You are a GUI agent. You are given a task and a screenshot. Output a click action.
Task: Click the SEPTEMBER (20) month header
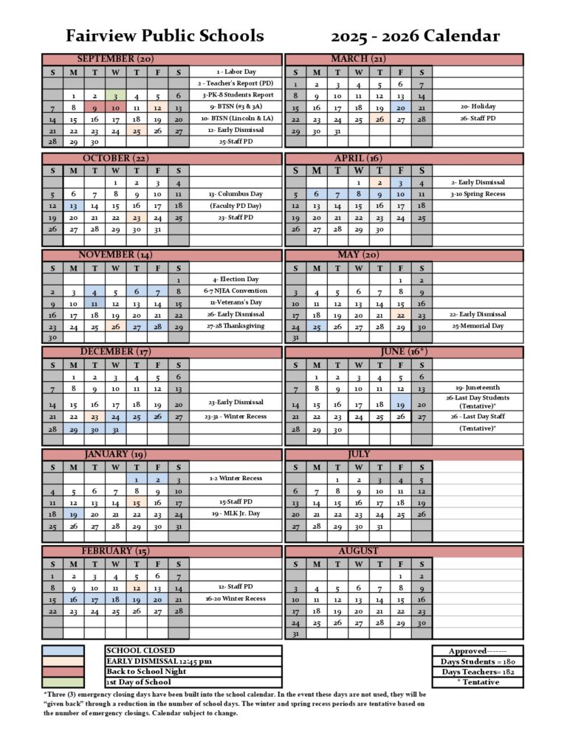116,59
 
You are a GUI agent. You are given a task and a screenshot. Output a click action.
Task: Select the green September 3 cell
116,96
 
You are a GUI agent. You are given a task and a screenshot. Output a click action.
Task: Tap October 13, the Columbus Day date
74,206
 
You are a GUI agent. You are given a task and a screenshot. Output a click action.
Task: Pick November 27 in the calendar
137,327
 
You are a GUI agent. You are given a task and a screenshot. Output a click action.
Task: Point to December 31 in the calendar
116,428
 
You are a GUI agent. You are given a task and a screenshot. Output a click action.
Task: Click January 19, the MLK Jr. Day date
74,514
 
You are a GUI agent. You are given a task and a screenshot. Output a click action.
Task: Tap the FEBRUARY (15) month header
116,551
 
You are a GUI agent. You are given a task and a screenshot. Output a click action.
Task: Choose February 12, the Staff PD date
137,588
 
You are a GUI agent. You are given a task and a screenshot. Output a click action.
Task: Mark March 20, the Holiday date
400,107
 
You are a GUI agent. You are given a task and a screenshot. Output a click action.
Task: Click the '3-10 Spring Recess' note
478,194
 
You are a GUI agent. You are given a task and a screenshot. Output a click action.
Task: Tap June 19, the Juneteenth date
400,404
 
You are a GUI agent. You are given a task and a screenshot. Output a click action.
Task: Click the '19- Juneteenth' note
478,387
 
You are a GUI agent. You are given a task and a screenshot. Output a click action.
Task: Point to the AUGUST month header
358,551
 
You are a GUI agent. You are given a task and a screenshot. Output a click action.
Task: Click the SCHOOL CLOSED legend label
141,650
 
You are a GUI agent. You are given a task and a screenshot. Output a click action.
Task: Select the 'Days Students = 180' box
478,661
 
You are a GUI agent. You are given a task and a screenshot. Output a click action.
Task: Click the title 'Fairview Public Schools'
165,35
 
